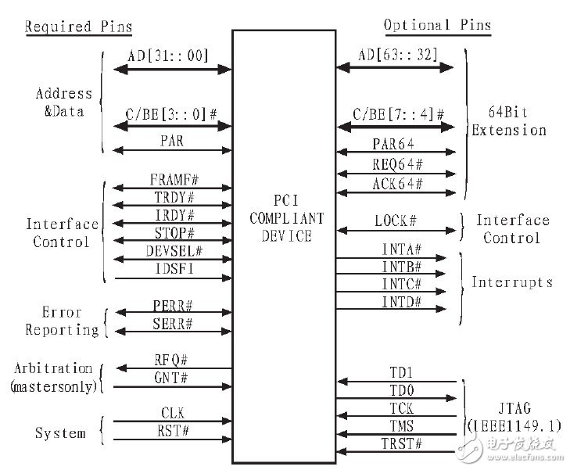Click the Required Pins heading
[78, 27]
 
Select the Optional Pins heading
[438, 25]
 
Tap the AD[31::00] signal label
[168, 56]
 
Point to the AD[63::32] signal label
[398, 55]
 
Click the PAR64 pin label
[393, 144]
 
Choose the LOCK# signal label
[396, 221]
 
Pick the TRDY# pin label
[174, 197]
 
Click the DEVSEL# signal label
[174, 251]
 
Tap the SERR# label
[172, 324]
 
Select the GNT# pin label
[171, 378]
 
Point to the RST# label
[173, 431]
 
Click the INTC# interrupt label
[401, 284]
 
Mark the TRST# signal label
[401, 444]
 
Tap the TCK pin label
[401, 408]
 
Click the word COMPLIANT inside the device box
[287, 218]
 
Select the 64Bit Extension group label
[509, 121]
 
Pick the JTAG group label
[514, 417]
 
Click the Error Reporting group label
[63, 321]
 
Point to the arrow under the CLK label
[173, 422]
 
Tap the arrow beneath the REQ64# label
[396, 174]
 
